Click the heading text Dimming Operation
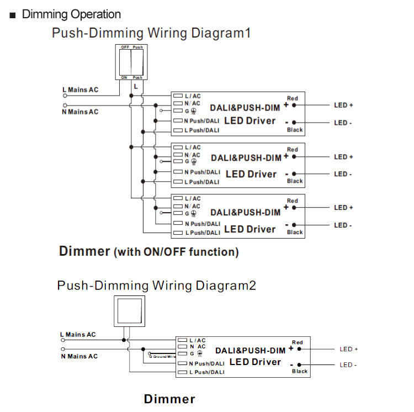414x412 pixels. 71,14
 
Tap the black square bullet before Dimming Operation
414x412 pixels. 13,15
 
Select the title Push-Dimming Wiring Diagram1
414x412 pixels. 151,33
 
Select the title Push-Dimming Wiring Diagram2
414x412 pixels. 157,286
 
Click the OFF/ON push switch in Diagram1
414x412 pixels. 132,62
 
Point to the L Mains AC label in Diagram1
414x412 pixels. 81,89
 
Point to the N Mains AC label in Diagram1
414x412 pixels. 80,112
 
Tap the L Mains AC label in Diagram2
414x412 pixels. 78,335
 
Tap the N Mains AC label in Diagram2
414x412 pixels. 79,356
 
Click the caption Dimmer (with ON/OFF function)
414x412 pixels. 149,252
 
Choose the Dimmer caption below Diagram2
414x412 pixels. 169,399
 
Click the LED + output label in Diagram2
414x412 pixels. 349,349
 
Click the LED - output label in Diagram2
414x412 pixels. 348,365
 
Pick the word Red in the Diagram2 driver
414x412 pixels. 298,342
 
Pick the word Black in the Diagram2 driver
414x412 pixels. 300,371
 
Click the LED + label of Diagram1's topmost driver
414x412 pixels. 343,105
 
